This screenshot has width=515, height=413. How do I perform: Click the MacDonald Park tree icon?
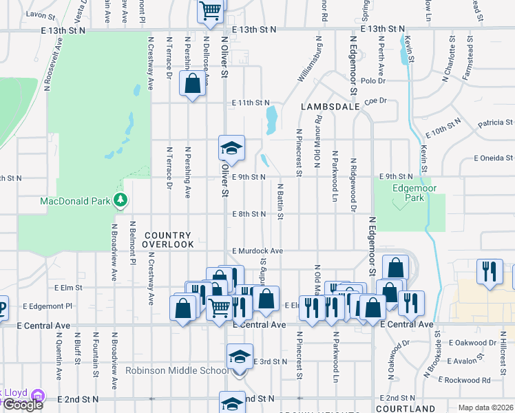[x=121, y=200]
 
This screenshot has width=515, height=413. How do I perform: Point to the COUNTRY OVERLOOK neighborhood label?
[x=169, y=240]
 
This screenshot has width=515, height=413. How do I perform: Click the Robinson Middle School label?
[x=176, y=370]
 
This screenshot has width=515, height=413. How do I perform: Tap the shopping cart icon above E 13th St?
[x=210, y=10]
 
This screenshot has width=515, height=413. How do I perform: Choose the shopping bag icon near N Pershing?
[x=192, y=84]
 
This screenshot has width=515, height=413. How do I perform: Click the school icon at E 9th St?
[x=231, y=147]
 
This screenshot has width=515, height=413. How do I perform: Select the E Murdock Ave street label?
[x=258, y=251]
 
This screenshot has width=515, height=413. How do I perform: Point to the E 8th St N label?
[x=249, y=214]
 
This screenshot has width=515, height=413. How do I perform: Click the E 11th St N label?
[x=251, y=103]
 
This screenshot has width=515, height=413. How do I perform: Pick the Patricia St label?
[x=494, y=123]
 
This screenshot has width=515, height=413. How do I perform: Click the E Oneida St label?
[x=493, y=158]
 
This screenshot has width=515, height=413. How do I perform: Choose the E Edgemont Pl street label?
[x=48, y=306]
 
